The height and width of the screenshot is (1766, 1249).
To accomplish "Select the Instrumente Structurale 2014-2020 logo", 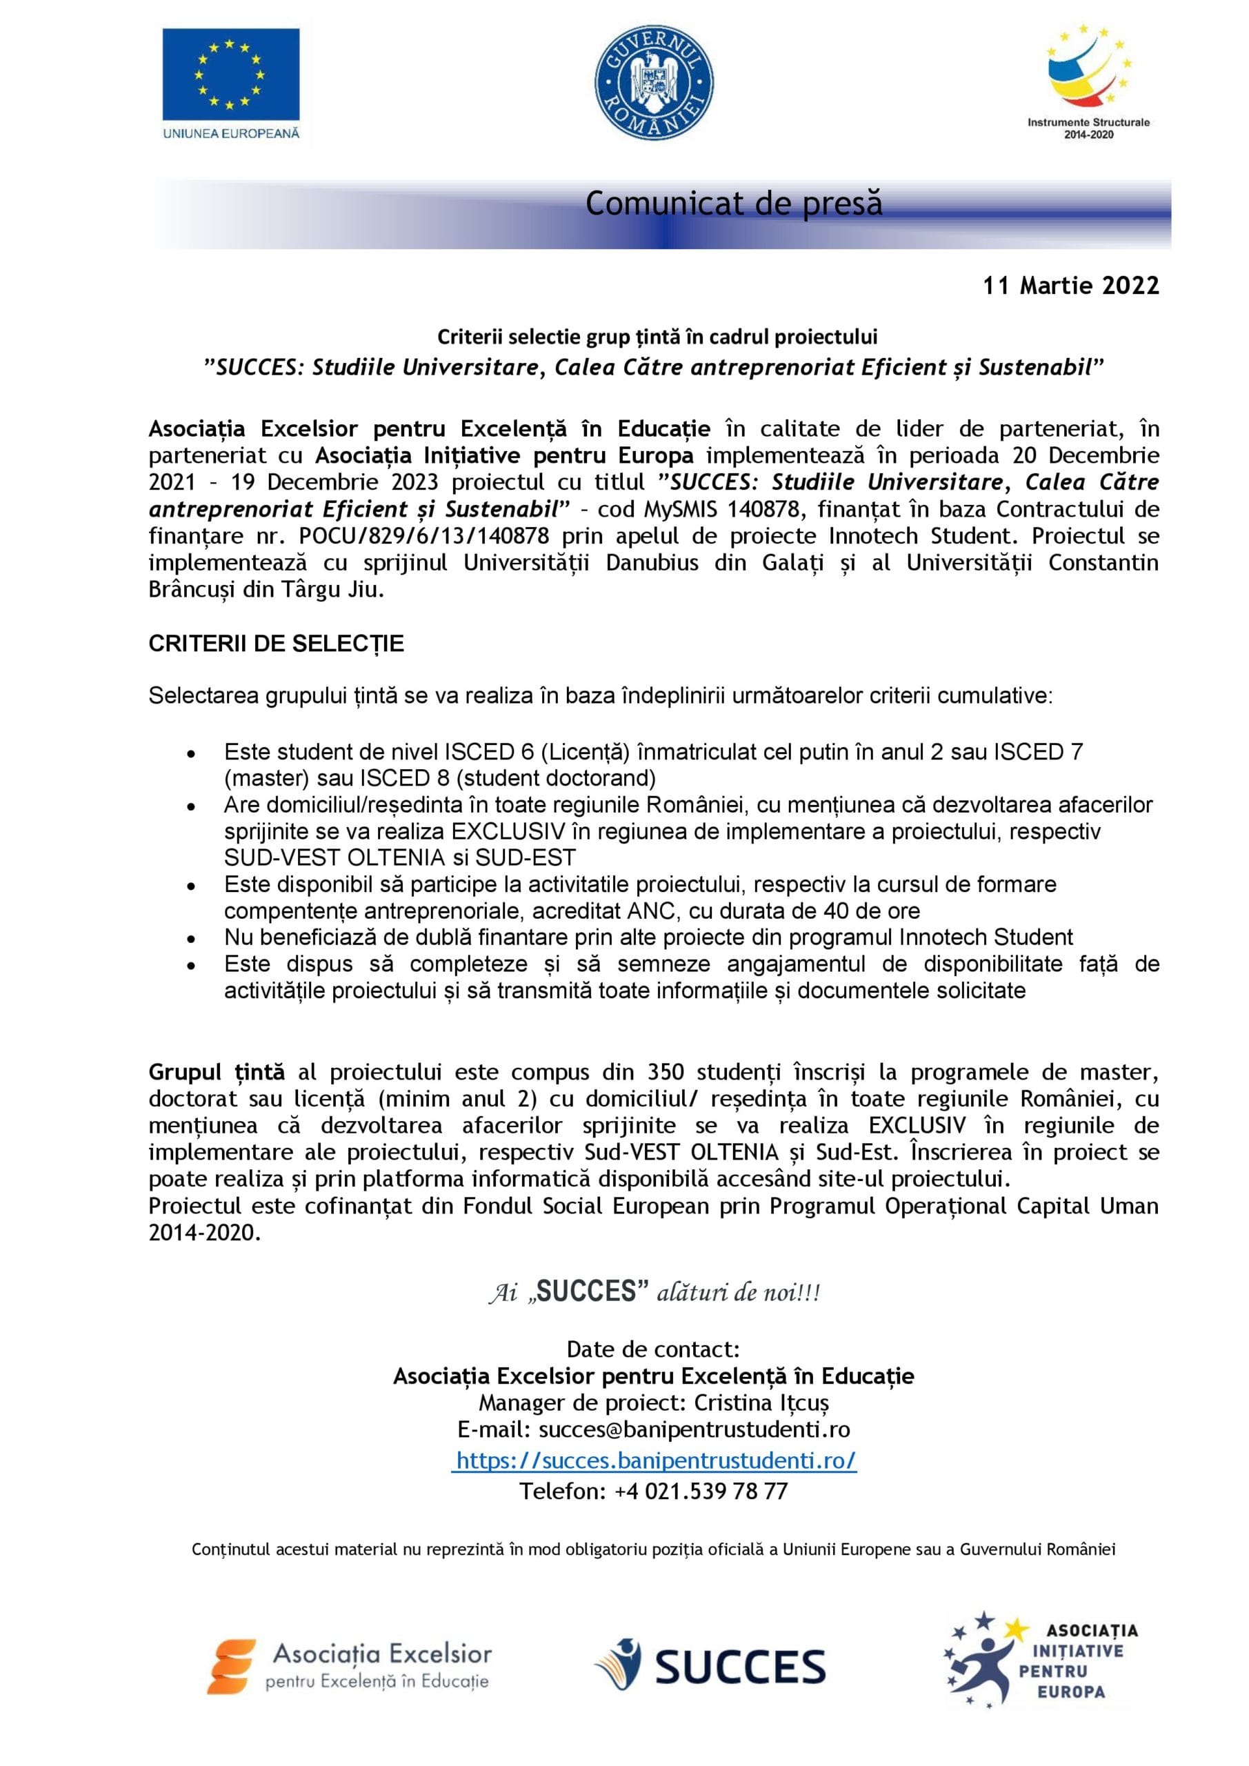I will click(1088, 82).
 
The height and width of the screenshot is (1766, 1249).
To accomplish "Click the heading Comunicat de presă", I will click(734, 204).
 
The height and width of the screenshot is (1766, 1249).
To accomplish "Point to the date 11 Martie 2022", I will click(1070, 286).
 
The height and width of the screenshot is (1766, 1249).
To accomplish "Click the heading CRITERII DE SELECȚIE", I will click(276, 644).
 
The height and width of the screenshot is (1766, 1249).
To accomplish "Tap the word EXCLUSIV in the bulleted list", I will click(508, 831).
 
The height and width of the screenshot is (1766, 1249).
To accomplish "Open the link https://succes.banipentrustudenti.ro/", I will click(655, 1460).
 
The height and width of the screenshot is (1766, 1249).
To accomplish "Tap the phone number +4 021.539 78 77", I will click(701, 1491).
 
